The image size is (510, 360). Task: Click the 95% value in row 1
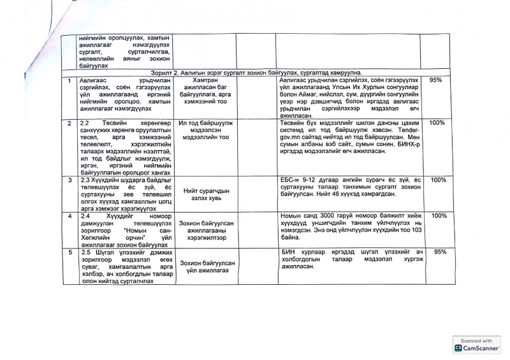point(436,80)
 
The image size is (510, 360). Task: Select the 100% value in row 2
point(437,122)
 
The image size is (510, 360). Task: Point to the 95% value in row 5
point(438,252)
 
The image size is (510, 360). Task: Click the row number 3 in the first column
point(69,181)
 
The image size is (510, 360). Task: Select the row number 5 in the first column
point(69,252)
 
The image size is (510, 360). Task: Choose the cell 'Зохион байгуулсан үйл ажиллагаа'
point(206,267)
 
